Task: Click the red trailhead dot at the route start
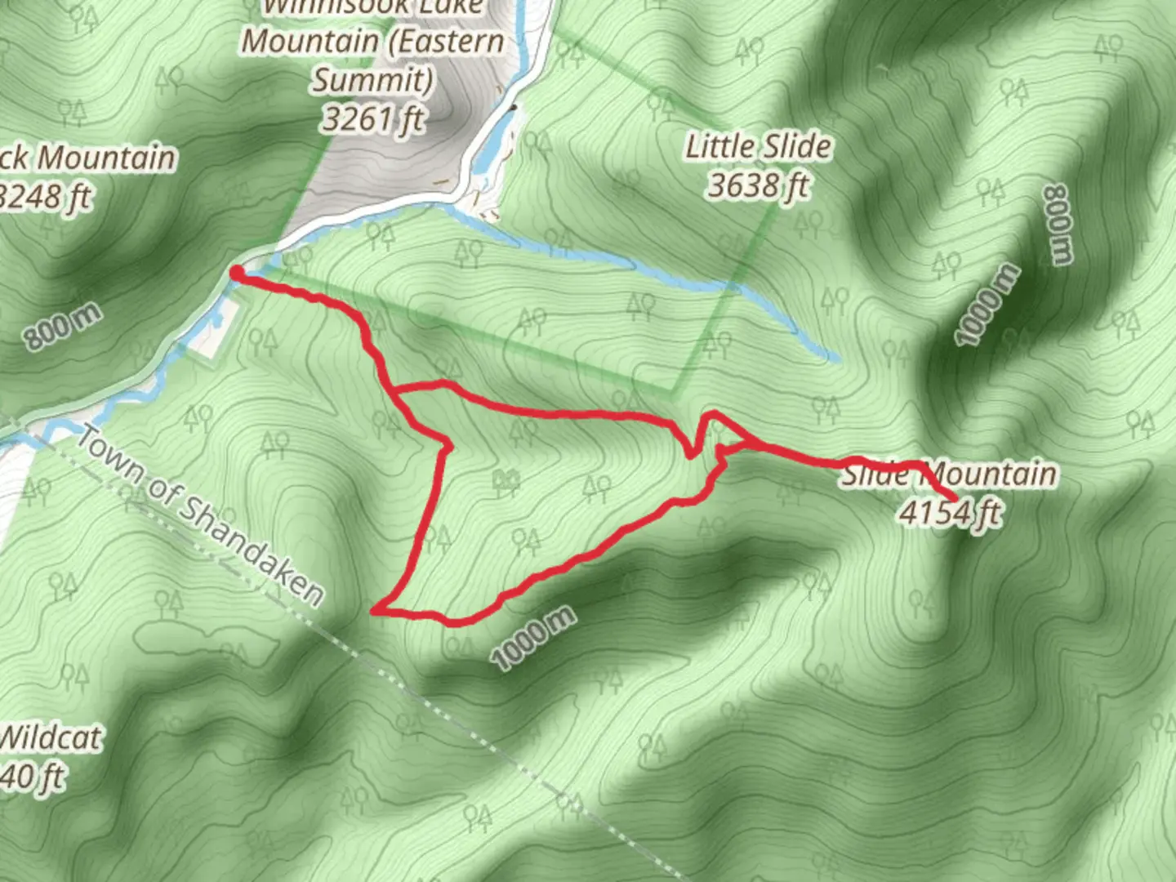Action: (x=237, y=273)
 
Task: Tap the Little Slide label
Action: (x=758, y=147)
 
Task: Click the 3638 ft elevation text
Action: (x=758, y=186)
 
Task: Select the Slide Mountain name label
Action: (x=949, y=474)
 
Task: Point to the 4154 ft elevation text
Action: (x=949, y=513)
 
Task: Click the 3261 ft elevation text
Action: (x=372, y=119)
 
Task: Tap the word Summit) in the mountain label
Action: (x=372, y=80)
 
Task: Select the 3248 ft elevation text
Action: (x=46, y=197)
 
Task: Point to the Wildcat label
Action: (x=51, y=737)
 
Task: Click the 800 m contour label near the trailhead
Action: (x=62, y=326)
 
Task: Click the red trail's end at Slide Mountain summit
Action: (x=955, y=498)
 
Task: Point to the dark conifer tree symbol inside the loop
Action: (x=506, y=482)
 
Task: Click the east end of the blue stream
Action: (x=833, y=357)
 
